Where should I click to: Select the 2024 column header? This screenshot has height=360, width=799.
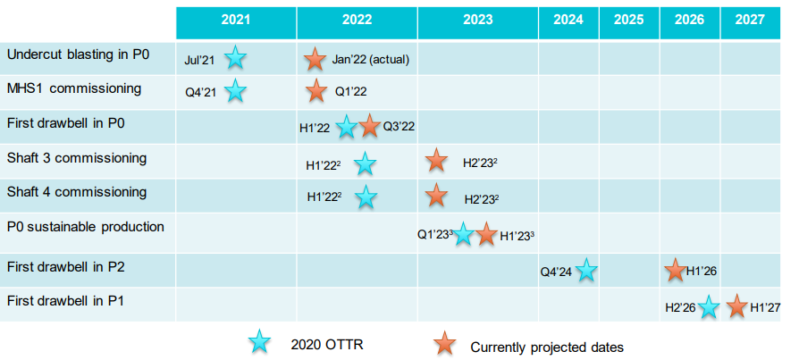point(568,21)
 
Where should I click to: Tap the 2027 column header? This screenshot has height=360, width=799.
point(750,21)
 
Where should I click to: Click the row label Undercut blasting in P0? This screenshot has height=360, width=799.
point(78,54)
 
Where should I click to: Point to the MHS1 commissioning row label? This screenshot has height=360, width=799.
point(74,88)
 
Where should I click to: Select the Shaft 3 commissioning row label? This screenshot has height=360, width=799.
point(76,158)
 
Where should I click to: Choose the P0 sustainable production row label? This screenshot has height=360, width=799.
point(85,227)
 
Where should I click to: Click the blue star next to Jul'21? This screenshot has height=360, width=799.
point(235,58)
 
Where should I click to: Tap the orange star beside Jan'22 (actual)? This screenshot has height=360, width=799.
point(315,59)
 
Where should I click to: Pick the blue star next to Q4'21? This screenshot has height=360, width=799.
point(235,91)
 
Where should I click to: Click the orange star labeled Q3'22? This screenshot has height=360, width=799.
point(370,126)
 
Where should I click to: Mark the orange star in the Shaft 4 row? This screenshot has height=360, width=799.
point(436,195)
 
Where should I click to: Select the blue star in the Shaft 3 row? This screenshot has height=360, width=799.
point(365,163)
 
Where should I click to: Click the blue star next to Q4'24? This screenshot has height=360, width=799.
point(586,270)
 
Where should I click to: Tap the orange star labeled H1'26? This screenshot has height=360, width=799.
point(675,270)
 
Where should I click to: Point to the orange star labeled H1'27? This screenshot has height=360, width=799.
point(736,306)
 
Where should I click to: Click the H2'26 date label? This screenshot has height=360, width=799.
point(680,307)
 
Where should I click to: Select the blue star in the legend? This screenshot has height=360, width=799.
point(259,341)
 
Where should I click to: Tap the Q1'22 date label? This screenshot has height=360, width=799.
point(351,91)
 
